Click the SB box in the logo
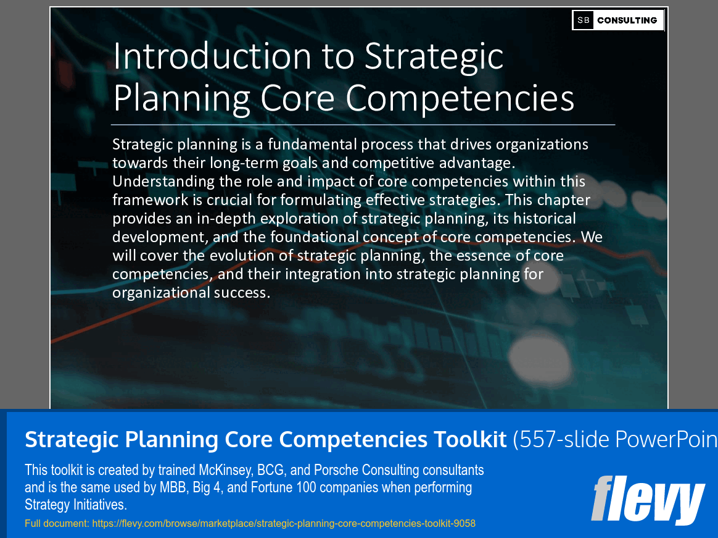pyautogui.click(x=584, y=20)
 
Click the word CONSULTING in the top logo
pyautogui.click(x=627, y=20)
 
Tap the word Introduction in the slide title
pyautogui.click(x=212, y=57)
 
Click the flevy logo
pyautogui.click(x=648, y=500)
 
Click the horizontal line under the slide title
pyautogui.click(x=363, y=125)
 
